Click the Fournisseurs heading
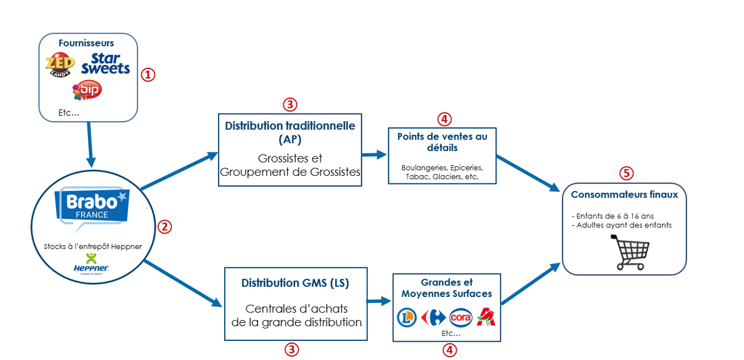click(x=86, y=43)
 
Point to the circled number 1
click(x=148, y=74)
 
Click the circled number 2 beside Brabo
click(x=165, y=227)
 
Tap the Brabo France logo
click(x=91, y=205)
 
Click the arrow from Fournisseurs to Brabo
click(x=89, y=145)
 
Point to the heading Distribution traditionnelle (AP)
click(x=290, y=133)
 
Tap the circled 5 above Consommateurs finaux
click(x=627, y=173)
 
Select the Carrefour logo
click(x=432, y=317)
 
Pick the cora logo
click(x=460, y=317)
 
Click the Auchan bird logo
click(x=486, y=317)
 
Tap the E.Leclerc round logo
click(x=407, y=317)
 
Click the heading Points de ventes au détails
click(x=442, y=141)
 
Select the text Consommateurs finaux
click(x=624, y=195)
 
